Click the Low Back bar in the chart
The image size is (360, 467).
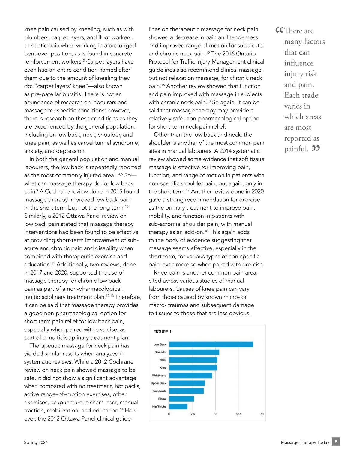tap(211, 344)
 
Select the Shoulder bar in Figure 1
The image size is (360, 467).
tap(194, 352)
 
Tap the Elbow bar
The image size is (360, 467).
tap(181, 399)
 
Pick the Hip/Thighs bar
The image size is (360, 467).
tap(178, 406)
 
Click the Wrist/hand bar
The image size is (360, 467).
tap(190, 376)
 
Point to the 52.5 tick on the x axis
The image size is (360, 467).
tap(238, 414)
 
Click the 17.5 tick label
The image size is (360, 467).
tap(192, 414)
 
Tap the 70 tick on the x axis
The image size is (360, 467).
tap(262, 414)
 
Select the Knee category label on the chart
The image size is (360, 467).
tap(163, 368)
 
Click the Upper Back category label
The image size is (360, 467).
tap(158, 383)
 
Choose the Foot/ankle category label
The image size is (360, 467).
tap(159, 391)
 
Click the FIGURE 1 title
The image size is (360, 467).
tap(162, 332)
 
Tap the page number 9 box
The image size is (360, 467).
tap(336, 442)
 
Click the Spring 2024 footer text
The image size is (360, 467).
tap(36, 442)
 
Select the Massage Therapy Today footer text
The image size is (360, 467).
tap(305, 442)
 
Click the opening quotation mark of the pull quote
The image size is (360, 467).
tap(279, 30)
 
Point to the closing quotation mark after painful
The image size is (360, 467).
tap(316, 148)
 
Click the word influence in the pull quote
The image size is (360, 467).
tap(299, 63)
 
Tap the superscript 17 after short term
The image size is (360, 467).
tap(188, 190)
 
